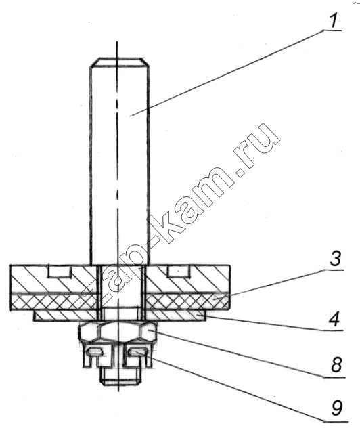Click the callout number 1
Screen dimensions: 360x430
click(x=334, y=21)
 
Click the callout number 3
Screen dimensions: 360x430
click(x=336, y=259)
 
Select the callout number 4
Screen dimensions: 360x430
click(x=334, y=320)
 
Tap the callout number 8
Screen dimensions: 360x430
click(x=336, y=364)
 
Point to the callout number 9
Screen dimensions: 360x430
click(x=337, y=408)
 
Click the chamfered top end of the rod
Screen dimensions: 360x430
click(x=120, y=62)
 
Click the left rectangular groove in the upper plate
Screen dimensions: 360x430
click(x=60, y=271)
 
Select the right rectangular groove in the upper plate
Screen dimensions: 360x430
click(x=178, y=271)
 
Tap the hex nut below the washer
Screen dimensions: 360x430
click(x=118, y=331)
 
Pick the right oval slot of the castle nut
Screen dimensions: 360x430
click(x=138, y=351)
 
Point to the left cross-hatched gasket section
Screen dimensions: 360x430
click(x=53, y=302)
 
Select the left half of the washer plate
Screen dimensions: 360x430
click(x=65, y=315)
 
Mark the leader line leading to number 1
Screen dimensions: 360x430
click(x=227, y=74)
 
